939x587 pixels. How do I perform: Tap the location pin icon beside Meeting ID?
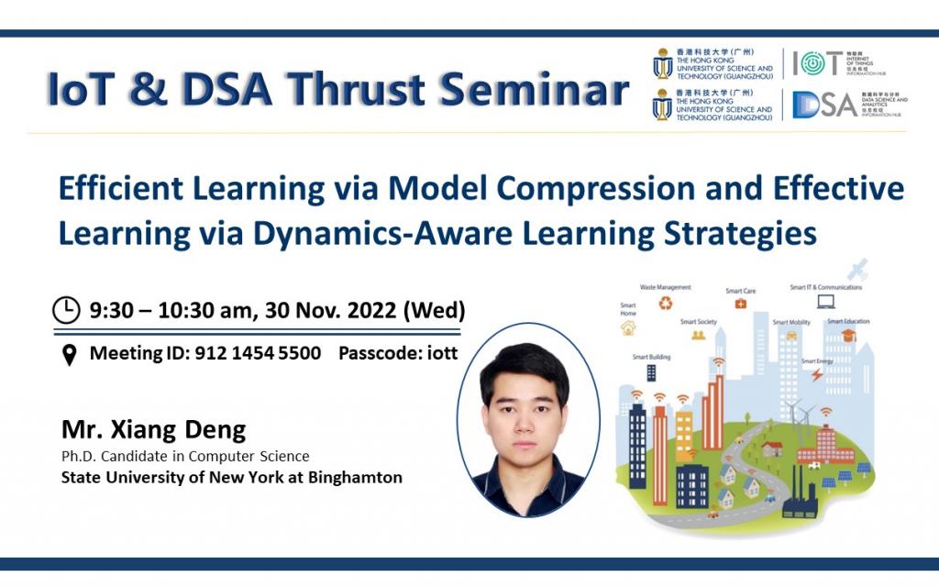click(69, 355)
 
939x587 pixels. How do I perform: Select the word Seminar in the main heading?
click(533, 90)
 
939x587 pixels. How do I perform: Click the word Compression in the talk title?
click(620, 189)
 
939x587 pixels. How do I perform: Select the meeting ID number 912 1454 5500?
click(258, 353)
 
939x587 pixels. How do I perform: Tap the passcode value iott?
click(439, 353)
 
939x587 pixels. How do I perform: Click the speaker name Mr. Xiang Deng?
click(153, 429)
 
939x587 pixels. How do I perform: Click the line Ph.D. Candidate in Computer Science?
click(185, 456)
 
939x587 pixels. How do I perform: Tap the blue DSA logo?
click(824, 105)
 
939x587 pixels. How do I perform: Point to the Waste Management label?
click(665, 287)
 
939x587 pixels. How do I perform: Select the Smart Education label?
click(848, 322)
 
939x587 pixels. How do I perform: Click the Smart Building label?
click(650, 357)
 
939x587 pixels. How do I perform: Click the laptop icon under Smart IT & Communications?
click(825, 302)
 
